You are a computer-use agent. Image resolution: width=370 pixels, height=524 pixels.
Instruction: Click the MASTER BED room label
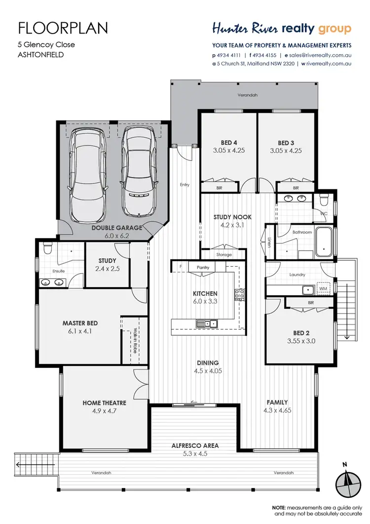(x=80, y=323)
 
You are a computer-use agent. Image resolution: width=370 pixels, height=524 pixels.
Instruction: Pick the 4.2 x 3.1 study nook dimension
(x=225, y=225)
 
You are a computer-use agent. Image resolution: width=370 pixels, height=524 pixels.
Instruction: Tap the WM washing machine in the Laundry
(x=324, y=288)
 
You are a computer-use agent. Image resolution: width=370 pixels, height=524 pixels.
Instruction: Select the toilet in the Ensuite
(x=47, y=246)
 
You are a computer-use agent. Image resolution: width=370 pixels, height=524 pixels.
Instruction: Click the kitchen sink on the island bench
(x=207, y=324)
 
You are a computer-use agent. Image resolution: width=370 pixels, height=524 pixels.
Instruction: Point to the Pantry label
(x=203, y=267)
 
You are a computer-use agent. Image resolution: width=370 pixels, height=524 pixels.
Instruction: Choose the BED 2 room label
(x=301, y=332)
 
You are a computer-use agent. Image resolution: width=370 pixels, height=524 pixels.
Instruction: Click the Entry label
(x=185, y=185)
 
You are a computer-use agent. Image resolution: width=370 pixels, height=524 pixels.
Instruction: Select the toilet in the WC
(x=324, y=200)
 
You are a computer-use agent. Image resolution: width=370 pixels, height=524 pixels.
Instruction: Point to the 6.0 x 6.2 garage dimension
(x=116, y=236)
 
